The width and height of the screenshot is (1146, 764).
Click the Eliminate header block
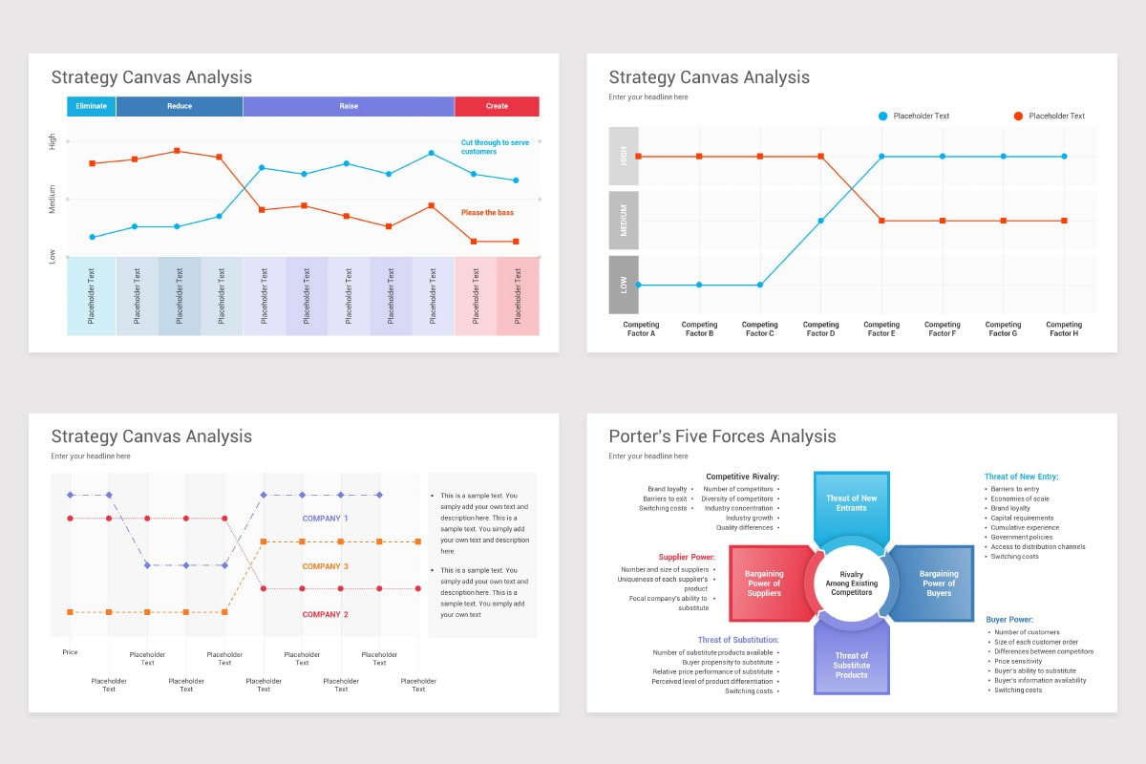[92, 106]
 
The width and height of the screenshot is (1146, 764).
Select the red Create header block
[497, 106]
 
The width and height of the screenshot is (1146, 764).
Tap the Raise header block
[349, 106]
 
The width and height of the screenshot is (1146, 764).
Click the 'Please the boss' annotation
[487, 213]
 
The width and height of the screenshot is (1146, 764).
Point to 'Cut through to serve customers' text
[494, 147]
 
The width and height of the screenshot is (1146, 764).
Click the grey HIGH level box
[624, 157]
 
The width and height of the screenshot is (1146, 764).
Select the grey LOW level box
[624, 285]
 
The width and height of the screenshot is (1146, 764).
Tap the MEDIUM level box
[624, 221]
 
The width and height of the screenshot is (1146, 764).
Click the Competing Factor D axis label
[820, 329]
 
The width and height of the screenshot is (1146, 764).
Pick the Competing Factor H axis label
[1064, 329]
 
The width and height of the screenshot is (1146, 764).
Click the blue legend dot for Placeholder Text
[882, 117]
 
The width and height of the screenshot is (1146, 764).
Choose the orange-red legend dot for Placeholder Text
[1018, 117]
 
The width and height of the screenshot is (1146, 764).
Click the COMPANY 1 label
[326, 519]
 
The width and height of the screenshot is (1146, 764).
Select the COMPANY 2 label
[326, 614]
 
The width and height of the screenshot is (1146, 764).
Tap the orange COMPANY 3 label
[326, 566]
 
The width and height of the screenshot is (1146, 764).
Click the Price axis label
[70, 652]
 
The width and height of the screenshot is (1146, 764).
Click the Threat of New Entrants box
[851, 503]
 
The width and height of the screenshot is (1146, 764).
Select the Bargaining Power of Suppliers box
[764, 584]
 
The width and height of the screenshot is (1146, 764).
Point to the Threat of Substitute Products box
[851, 665]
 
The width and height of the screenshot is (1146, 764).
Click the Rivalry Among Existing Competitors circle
[851, 584]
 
